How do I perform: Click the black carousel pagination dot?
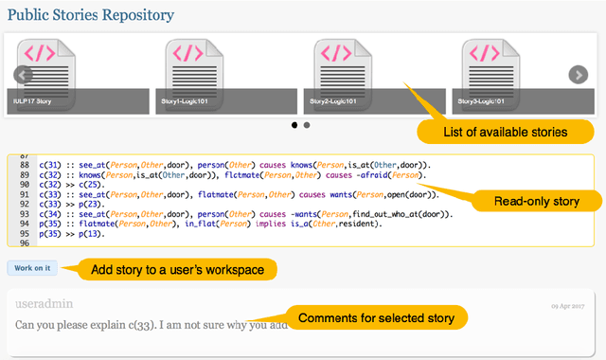pos(294,125)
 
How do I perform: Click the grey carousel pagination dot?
pos(307,125)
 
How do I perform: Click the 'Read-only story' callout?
pos(537,201)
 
